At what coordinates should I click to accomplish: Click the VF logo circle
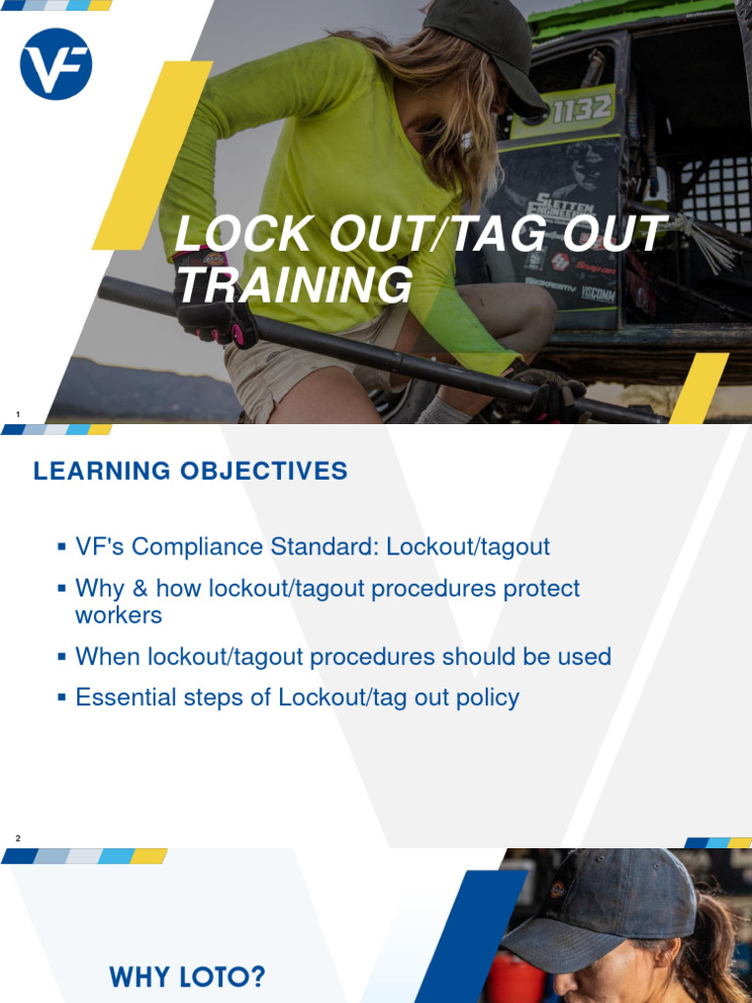pyautogui.click(x=56, y=65)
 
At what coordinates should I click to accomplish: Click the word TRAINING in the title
pyautogui.click(x=293, y=286)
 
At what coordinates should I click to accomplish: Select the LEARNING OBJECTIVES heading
pyautogui.click(x=190, y=471)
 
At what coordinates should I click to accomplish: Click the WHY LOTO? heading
pyautogui.click(x=187, y=977)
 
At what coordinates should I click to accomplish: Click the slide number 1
pyautogui.click(x=18, y=414)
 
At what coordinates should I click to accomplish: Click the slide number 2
pyautogui.click(x=18, y=837)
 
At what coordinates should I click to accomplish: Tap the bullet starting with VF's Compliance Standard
pyautogui.click(x=312, y=547)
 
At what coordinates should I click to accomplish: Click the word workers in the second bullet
pyautogui.click(x=118, y=615)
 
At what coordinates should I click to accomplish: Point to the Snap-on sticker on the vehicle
pyautogui.click(x=594, y=267)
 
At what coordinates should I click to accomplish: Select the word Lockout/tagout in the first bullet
pyautogui.click(x=468, y=547)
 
